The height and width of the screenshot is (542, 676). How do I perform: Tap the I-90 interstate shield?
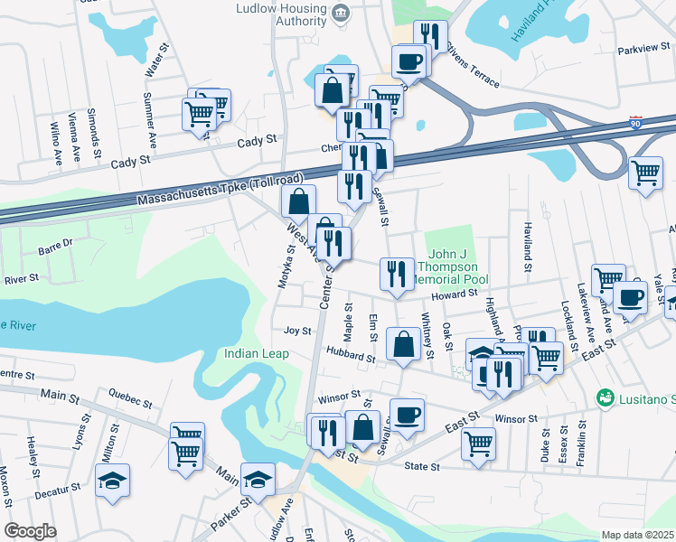(x=637, y=120)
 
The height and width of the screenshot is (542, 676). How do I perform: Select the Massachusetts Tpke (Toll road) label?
(x=220, y=191)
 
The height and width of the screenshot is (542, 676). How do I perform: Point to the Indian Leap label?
(x=257, y=353)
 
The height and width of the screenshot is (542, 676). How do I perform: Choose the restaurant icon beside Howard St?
(x=396, y=274)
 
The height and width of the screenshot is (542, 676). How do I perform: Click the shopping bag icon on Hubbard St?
(x=402, y=343)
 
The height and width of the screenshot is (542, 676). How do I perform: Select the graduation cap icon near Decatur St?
(x=113, y=479)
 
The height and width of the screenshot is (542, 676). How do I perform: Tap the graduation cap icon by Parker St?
(x=258, y=479)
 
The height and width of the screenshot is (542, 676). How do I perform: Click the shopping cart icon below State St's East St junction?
(x=478, y=443)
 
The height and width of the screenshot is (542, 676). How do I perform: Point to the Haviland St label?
(x=524, y=248)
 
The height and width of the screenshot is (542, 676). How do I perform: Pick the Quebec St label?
(x=127, y=393)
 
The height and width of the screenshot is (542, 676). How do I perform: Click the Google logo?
(x=30, y=531)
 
